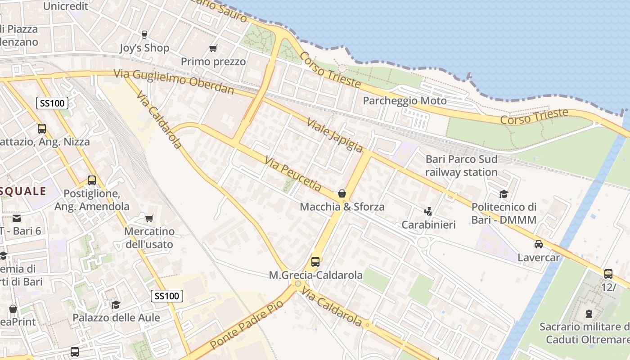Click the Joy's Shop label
[x=144, y=48]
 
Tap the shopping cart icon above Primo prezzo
[x=213, y=48]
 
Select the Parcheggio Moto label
[x=405, y=100]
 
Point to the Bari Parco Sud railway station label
[x=461, y=166]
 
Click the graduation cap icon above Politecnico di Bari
[x=504, y=194]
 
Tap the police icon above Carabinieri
[x=428, y=211]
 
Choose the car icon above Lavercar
[x=538, y=244]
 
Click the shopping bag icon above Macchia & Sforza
[x=342, y=194]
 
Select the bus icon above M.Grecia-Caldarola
[x=315, y=261]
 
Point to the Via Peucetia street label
[x=293, y=173]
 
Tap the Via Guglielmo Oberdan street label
[x=174, y=81]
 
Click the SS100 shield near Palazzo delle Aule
[x=166, y=296]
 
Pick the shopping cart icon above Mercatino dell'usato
[x=149, y=219]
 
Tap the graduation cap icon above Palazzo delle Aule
[x=116, y=305]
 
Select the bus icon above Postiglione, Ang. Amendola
[x=92, y=180]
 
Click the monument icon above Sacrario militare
[x=589, y=313]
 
